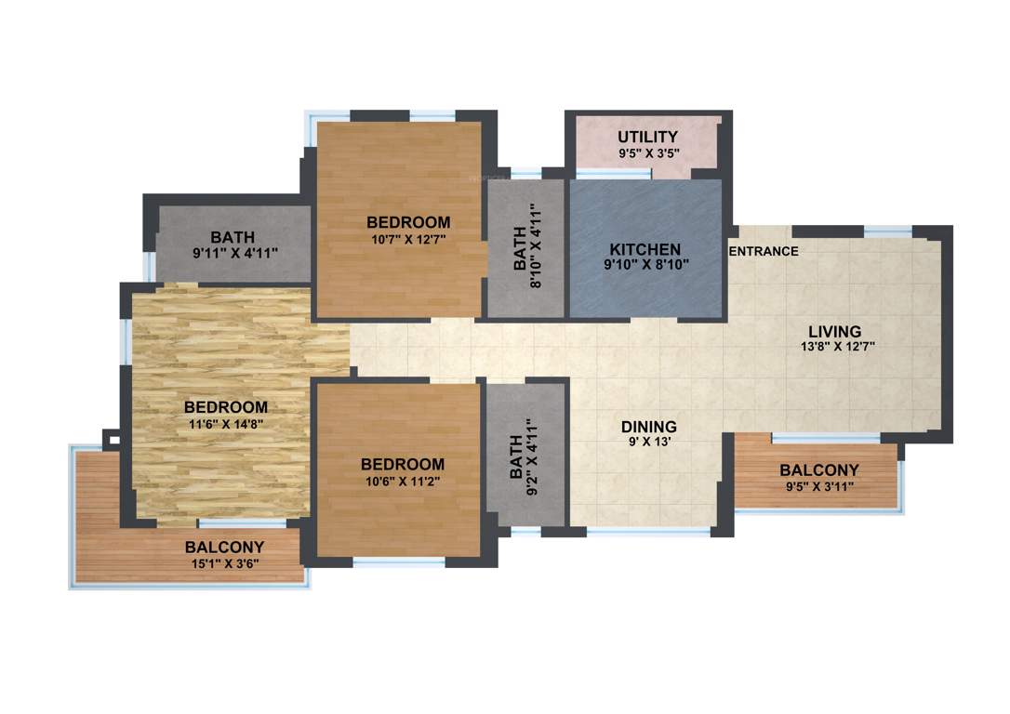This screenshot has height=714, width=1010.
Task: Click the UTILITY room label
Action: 647,138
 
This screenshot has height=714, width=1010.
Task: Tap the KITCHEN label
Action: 645,250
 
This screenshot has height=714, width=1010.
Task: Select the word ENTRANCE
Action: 764,251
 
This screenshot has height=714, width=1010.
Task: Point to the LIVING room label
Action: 834,331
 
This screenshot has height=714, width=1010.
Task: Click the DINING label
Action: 648,427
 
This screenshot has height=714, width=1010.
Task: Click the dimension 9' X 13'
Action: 648,443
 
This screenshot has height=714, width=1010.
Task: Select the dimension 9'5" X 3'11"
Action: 818,485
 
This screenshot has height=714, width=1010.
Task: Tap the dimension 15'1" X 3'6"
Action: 224,562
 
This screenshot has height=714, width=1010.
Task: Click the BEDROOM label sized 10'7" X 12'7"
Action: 408,222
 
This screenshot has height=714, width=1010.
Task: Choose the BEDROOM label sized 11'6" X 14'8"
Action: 226,407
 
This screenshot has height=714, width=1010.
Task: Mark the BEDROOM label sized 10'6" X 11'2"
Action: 403,464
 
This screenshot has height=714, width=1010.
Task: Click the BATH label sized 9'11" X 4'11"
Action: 233,237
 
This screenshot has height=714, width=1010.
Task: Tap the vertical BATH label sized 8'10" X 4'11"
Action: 520,250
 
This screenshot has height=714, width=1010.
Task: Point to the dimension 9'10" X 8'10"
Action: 645,265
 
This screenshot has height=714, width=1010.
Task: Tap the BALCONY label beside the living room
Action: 818,470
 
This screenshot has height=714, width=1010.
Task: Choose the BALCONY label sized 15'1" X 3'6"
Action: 224,547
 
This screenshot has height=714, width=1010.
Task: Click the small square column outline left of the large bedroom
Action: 112,439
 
